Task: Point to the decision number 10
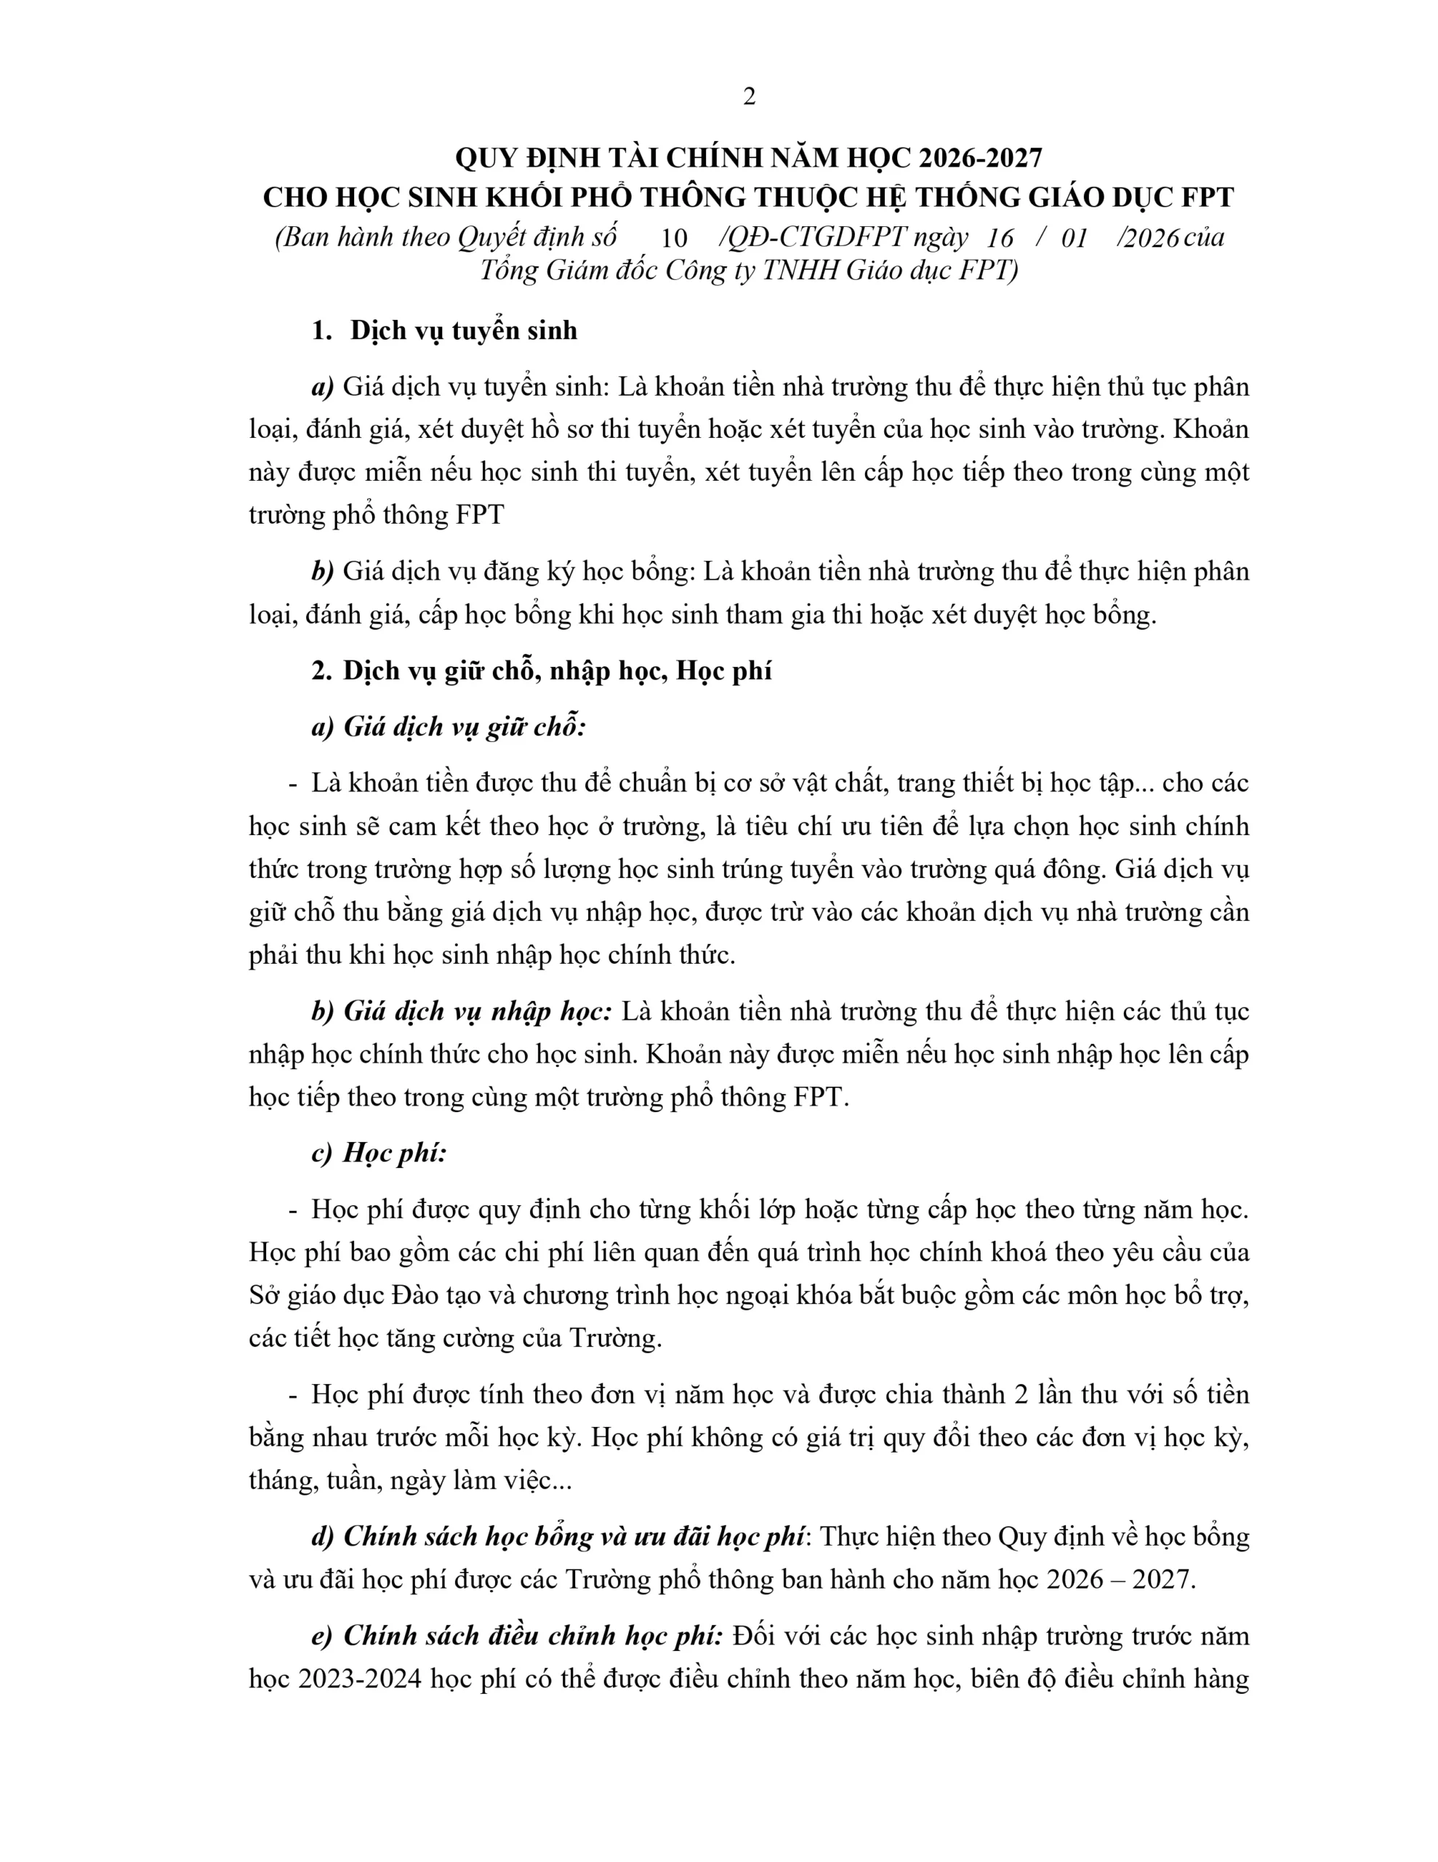(673, 238)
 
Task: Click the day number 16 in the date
(999, 238)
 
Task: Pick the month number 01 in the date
(1074, 238)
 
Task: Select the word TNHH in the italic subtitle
(800, 271)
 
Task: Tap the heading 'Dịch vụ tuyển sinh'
(463, 331)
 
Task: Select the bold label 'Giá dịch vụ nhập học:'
(478, 1011)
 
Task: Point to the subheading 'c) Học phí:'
(379, 1153)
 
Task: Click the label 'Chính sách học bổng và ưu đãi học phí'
(573, 1536)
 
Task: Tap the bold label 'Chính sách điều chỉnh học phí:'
(533, 1635)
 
